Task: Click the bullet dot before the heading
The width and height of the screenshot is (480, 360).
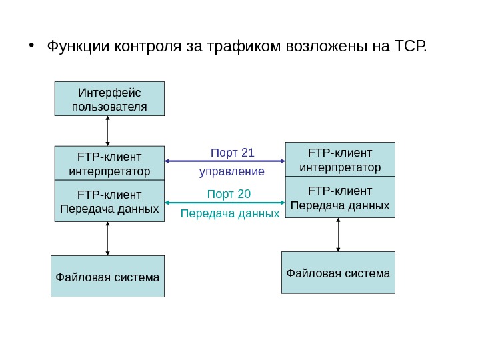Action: (32, 47)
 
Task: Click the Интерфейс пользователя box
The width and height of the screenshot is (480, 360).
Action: (108, 99)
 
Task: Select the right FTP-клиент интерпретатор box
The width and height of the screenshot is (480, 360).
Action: (340, 159)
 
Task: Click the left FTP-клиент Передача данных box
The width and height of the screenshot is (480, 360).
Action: (108, 202)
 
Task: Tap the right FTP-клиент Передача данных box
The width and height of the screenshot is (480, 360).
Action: (340, 197)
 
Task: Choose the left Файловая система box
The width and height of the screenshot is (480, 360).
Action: (107, 276)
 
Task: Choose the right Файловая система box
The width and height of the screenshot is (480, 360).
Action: (339, 273)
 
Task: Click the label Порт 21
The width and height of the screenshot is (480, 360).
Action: (232, 153)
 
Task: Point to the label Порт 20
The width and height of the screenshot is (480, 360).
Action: (229, 194)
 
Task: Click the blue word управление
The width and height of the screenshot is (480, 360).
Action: (232, 171)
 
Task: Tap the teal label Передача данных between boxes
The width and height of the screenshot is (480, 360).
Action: (230, 214)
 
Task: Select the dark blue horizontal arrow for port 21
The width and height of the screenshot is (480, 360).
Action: (224, 161)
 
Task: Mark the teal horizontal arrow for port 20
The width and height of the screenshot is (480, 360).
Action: (224, 203)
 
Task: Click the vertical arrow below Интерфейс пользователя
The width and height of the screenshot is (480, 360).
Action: (108, 131)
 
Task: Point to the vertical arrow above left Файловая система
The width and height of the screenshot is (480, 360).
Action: (108, 239)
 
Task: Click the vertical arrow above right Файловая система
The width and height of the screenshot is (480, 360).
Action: (339, 235)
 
